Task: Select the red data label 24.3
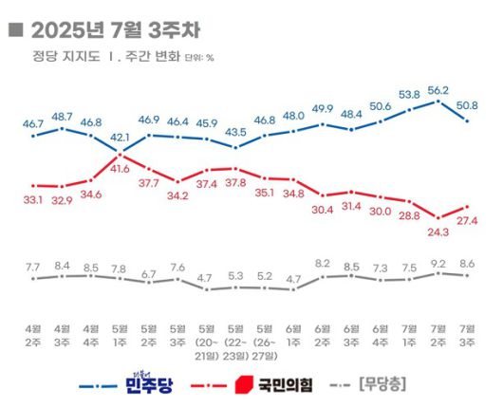pos(438,230)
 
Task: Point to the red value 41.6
pos(120,168)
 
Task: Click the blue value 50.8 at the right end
pos(467,104)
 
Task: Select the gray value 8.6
pos(467,263)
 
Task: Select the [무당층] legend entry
pos(388,384)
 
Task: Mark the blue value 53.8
pos(409,95)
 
